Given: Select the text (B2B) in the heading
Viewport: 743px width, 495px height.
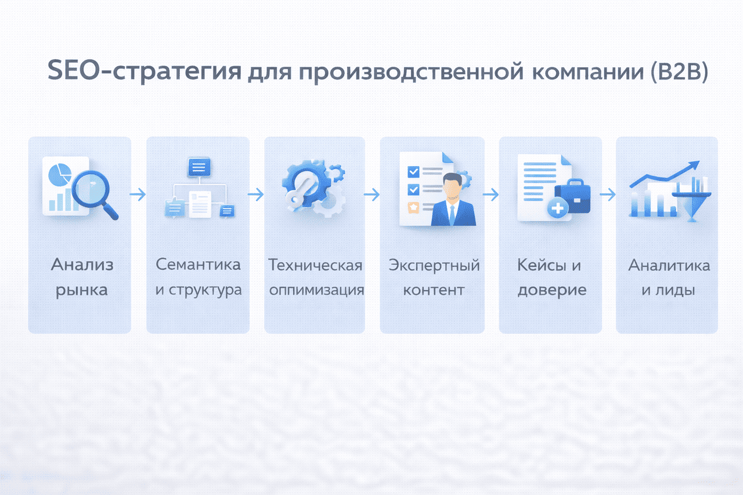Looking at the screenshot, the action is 679,71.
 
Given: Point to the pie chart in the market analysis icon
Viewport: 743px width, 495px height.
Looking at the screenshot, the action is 60,175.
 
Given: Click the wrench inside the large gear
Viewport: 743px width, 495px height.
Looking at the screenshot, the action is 300,192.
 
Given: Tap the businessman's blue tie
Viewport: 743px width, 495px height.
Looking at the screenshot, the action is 452,215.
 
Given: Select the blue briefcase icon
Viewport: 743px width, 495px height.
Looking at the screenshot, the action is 573,196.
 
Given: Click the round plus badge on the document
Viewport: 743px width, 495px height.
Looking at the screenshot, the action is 558,208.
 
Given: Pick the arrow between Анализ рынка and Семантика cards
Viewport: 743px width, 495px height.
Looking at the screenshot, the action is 138,194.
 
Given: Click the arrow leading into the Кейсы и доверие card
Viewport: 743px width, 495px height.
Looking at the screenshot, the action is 490,194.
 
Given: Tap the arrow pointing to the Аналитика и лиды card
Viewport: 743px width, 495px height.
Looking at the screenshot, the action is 608,194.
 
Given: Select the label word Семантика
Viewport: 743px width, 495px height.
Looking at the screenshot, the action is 199,265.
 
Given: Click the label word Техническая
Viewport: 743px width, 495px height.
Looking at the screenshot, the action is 315,265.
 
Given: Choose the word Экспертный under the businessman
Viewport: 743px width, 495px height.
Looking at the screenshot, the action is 434,266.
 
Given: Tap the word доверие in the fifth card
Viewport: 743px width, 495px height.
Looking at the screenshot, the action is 552,290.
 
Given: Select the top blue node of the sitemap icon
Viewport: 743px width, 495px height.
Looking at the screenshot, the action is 199,167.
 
